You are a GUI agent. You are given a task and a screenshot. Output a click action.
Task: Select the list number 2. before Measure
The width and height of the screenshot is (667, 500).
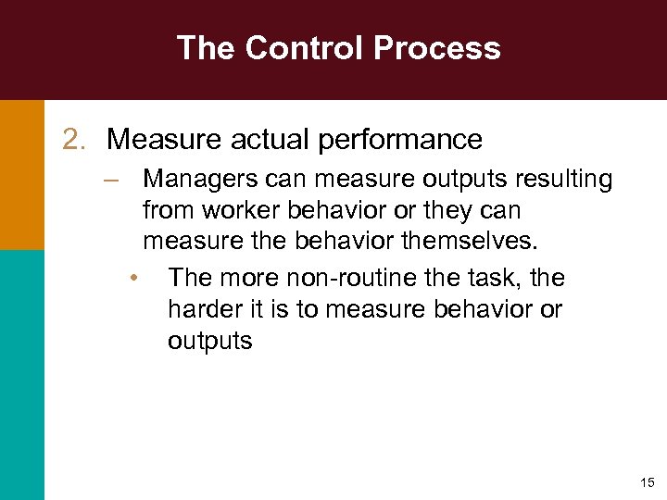[x=74, y=140]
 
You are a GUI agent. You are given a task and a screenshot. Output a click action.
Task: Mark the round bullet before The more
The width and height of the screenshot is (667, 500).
[x=134, y=279]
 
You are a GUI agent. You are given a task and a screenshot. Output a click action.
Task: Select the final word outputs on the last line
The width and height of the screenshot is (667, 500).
[x=209, y=342]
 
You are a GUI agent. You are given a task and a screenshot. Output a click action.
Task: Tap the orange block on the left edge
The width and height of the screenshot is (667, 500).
[x=21, y=175]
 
